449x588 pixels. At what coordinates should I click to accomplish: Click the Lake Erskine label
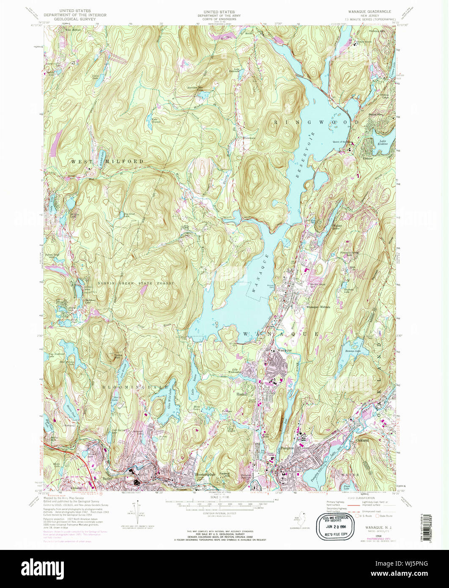coord(383,143)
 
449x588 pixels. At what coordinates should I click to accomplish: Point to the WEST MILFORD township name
coord(107,162)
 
